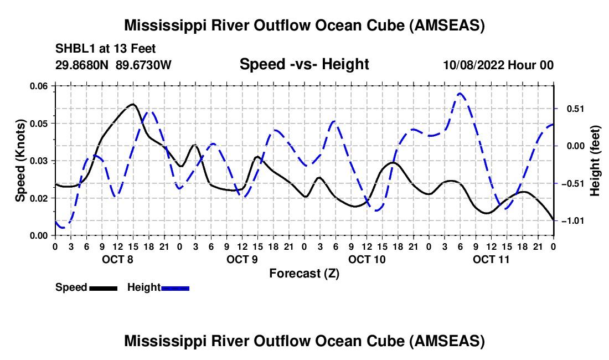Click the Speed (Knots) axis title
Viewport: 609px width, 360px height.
point(20,161)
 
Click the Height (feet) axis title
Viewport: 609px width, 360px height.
point(595,161)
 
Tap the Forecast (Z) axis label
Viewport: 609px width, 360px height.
point(304,273)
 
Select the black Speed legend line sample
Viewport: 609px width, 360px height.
point(102,287)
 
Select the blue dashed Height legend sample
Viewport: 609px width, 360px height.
point(176,287)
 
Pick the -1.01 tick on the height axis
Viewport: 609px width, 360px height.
point(570,221)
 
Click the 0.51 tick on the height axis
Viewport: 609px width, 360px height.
point(571,109)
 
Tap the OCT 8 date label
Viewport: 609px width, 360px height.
point(117,259)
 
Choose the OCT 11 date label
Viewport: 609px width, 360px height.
point(491,259)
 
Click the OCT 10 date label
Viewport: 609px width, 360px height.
point(367,259)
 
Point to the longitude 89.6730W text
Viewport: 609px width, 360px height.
point(143,65)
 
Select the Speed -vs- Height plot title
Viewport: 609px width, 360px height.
point(304,64)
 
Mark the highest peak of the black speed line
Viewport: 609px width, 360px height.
point(133,104)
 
